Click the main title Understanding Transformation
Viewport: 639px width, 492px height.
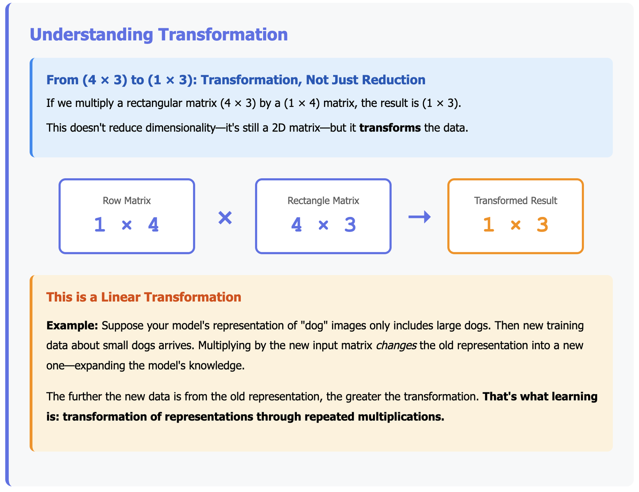(x=159, y=35)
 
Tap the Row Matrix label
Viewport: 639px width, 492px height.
(x=127, y=201)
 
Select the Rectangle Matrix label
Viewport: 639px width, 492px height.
(x=323, y=201)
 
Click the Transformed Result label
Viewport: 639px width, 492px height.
(x=515, y=201)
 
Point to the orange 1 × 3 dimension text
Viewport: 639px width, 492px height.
(x=515, y=225)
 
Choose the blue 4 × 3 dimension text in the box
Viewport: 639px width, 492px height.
(x=323, y=225)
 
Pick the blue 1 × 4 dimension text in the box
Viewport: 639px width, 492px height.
(x=127, y=225)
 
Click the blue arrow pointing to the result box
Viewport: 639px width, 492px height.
(x=420, y=217)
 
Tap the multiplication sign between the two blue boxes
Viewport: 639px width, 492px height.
(x=225, y=218)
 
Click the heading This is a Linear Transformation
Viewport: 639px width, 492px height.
(x=144, y=297)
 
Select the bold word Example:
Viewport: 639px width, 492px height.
(x=72, y=326)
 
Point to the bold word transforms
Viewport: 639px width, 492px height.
(x=390, y=128)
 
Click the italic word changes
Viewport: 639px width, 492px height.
(x=396, y=346)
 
